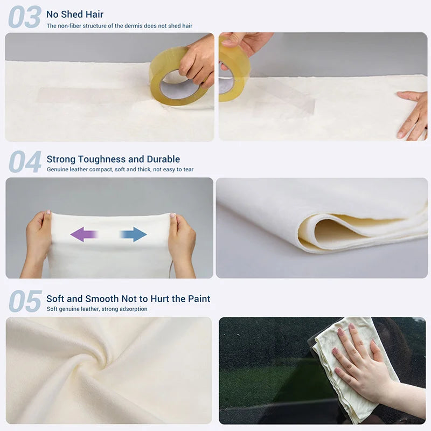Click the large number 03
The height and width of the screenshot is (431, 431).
tap(25, 17)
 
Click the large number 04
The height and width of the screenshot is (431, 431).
tap(25, 162)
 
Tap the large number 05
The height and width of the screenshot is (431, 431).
tap(25, 301)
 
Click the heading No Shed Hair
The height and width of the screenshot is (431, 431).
tap(75, 15)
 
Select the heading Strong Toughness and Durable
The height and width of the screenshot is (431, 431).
tap(113, 159)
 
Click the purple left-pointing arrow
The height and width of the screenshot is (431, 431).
tap(84, 234)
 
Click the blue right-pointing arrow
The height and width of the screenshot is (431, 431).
tap(134, 234)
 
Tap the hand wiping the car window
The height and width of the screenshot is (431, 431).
tap(359, 359)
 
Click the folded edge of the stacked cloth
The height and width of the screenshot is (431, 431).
tap(312, 229)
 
